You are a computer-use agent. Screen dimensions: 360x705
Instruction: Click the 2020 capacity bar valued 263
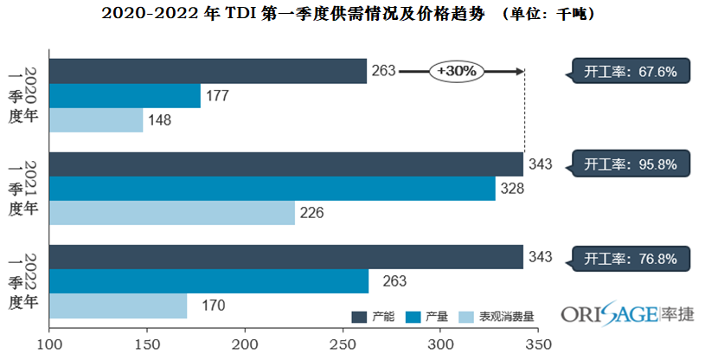coord(208,71)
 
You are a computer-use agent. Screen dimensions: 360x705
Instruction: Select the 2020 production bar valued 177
coord(125,95)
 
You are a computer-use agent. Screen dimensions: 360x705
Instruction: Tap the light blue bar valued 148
coord(96,119)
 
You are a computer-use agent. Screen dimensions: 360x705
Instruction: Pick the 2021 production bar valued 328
coord(272,188)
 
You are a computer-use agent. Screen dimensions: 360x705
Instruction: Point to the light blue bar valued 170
coord(118,305)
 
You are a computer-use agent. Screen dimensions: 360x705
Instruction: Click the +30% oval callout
coord(457,71)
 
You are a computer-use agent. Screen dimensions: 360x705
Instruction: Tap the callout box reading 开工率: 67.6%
coord(630,71)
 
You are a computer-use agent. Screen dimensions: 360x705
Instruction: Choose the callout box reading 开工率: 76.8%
coord(630,257)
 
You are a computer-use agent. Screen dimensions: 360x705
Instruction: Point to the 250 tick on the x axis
coord(343,344)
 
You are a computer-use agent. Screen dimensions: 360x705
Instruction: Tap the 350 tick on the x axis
coord(538,344)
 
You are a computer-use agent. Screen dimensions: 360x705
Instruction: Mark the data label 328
coord(513,188)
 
